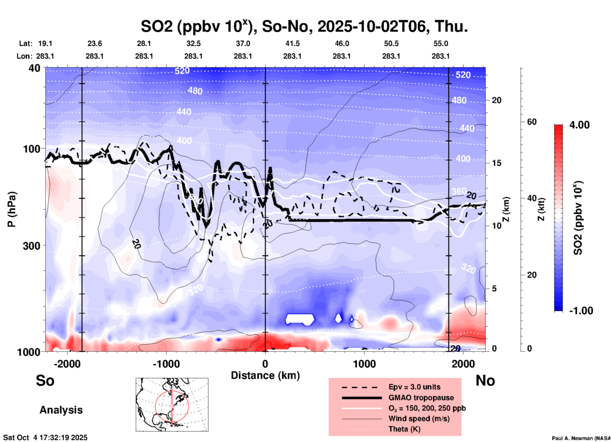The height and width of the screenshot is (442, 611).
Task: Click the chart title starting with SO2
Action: pyautogui.click(x=304, y=26)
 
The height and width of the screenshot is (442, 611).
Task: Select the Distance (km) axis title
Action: pyautogui.click(x=265, y=375)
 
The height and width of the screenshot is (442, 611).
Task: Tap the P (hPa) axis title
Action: pyautogui.click(x=12, y=209)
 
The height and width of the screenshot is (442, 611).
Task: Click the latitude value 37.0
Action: pyautogui.click(x=243, y=43)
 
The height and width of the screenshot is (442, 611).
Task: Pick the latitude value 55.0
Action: pyautogui.click(x=440, y=43)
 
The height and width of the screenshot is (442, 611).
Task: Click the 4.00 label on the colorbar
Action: pyautogui.click(x=579, y=125)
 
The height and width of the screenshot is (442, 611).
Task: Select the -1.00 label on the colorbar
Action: pyautogui.click(x=581, y=310)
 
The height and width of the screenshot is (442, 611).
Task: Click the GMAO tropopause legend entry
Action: pyautogui.click(x=421, y=398)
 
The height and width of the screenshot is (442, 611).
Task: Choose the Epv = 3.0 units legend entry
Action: pyautogui.click(x=414, y=387)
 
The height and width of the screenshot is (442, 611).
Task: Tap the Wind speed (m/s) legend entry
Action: pyautogui.click(x=419, y=419)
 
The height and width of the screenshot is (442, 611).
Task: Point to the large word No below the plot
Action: pyautogui.click(x=485, y=380)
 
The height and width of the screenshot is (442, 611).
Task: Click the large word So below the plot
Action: pyautogui.click(x=45, y=380)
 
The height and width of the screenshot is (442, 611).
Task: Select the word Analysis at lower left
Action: pyautogui.click(x=61, y=410)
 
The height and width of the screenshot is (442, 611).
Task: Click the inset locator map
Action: pyautogui.click(x=172, y=404)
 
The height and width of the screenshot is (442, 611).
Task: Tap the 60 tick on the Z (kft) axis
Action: pyautogui.click(x=532, y=122)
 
